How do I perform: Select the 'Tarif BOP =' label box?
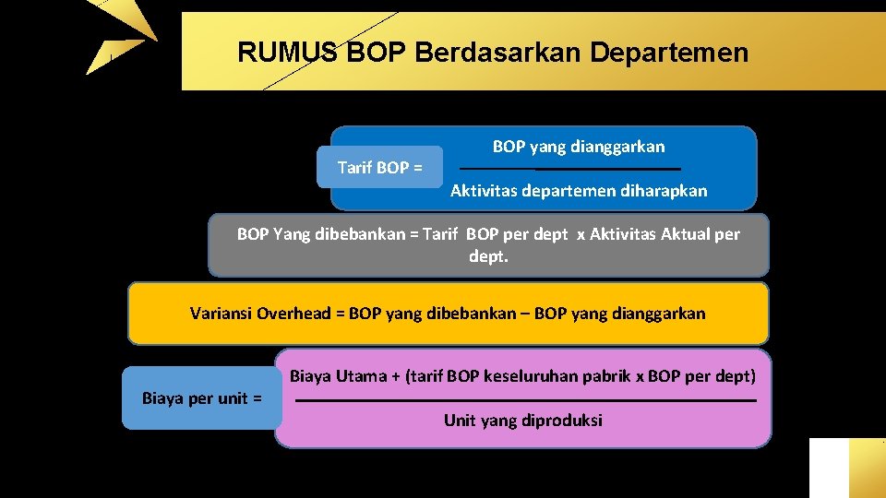pos(379,168)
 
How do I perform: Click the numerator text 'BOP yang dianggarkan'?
pos(578,147)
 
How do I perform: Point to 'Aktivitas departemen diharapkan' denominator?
pos(579,191)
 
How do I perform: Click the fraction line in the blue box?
pos(569,169)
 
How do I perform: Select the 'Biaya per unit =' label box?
pos(201,398)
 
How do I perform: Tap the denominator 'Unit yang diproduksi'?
pos(522,421)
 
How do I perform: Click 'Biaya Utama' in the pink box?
pos(331,375)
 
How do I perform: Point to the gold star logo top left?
pos(120,37)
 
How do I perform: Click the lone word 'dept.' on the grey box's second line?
pos(488,256)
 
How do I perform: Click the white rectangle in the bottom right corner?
pos(828,468)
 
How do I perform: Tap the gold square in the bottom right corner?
pos(867,468)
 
